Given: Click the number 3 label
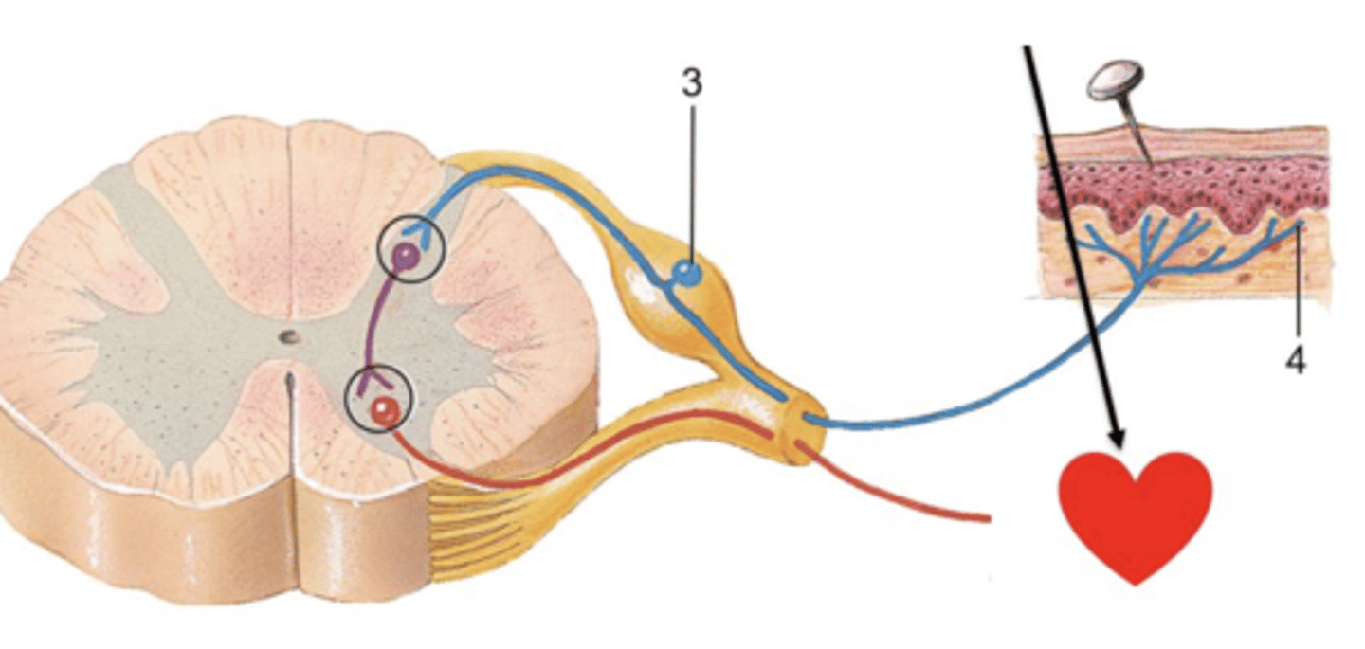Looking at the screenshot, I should tap(692, 83).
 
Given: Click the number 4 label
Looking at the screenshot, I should tap(1296, 359).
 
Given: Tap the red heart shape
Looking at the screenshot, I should tap(1136, 512).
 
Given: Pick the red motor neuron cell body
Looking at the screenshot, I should tap(383, 410).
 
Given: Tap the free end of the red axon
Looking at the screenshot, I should tap(988, 518).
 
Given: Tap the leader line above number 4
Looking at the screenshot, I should tap(1297, 284).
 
